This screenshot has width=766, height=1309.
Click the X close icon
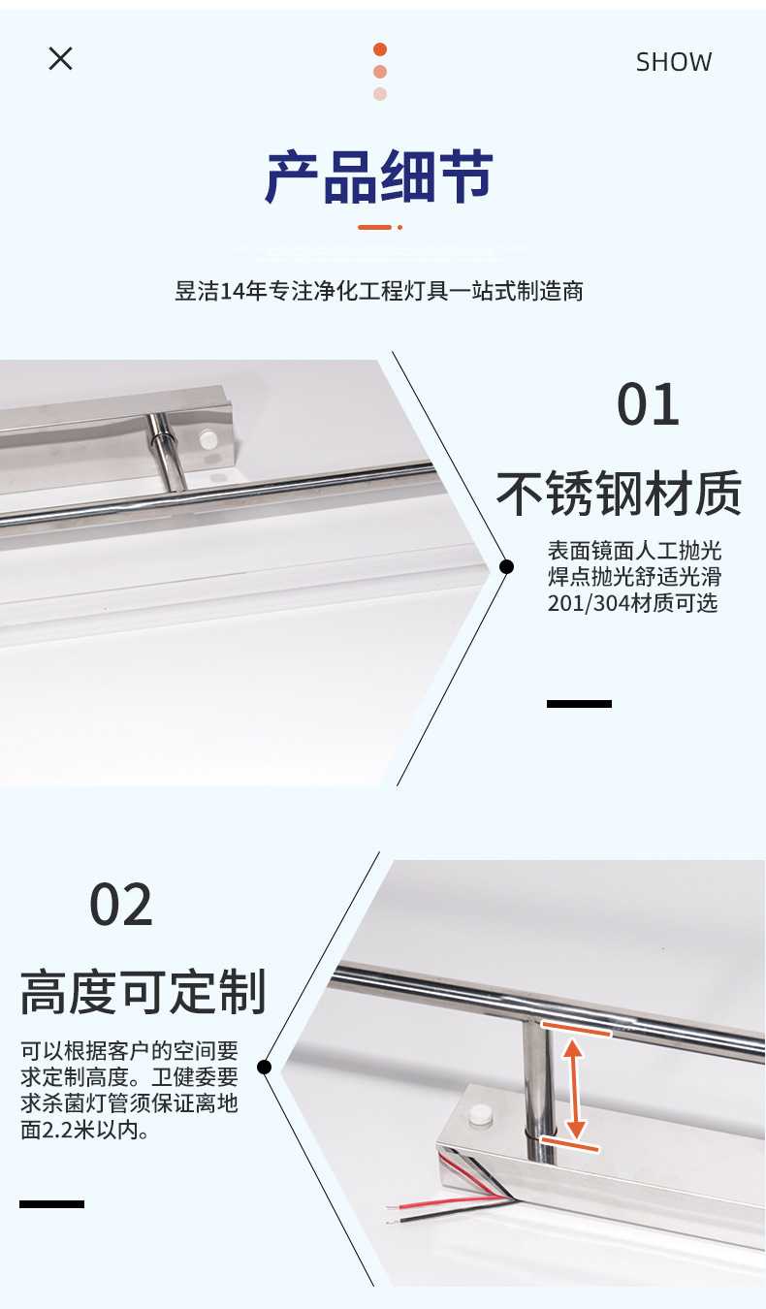click(60, 59)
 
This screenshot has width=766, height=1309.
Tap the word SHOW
click(673, 62)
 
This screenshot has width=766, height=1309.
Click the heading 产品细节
click(379, 177)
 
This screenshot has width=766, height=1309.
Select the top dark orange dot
click(380, 49)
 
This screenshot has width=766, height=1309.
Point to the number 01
click(648, 405)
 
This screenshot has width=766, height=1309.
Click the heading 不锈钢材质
click(619, 494)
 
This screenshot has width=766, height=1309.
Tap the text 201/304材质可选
click(632, 603)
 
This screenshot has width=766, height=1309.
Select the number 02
click(121, 906)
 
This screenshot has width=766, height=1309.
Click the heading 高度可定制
click(143, 992)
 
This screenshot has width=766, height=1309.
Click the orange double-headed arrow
click(575, 1088)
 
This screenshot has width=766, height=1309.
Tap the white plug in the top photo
click(207, 439)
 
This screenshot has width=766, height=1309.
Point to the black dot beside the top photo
click(506, 566)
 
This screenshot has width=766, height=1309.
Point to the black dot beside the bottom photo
click(264, 1067)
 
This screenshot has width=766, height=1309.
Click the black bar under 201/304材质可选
click(579, 703)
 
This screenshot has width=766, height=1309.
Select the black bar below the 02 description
click(51, 1203)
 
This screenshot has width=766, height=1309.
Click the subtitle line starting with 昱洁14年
click(379, 291)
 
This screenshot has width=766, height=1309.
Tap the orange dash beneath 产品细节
click(374, 227)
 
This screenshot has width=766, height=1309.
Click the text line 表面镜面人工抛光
click(634, 551)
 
